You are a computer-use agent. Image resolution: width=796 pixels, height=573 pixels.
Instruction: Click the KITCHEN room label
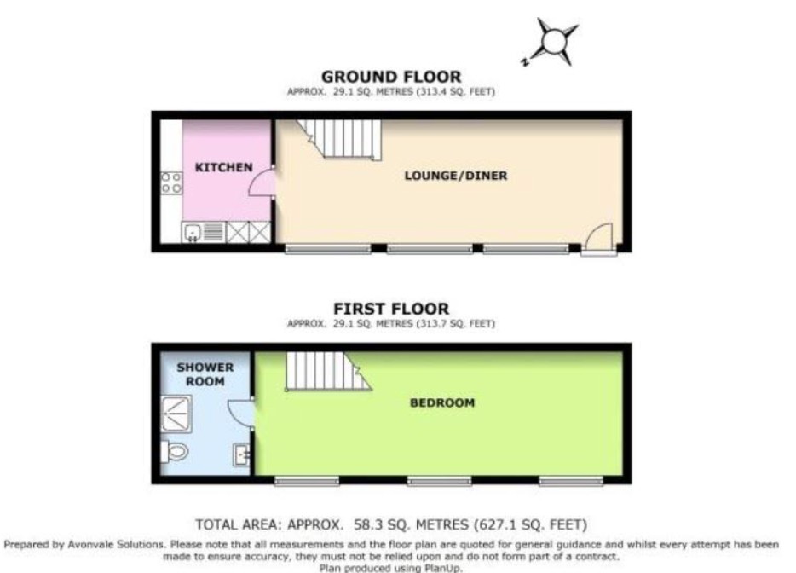pos(224,167)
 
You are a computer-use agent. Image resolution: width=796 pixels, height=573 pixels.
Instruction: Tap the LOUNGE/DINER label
pos(456,176)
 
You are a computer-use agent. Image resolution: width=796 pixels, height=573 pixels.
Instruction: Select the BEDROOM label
pos(442,402)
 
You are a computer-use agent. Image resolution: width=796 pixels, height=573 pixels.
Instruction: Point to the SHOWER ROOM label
pos(205,373)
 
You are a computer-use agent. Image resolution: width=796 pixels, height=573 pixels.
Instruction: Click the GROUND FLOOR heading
pos(391,77)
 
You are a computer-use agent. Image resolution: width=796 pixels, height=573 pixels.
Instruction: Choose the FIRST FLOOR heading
pos(391,309)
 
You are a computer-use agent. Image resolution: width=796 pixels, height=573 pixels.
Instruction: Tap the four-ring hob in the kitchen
pos(171,182)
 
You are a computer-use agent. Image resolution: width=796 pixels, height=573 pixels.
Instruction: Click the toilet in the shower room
pos(174,451)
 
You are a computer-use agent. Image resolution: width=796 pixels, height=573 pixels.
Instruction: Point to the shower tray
pos(176,414)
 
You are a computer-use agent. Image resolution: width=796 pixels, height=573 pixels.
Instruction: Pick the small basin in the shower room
pos(242,454)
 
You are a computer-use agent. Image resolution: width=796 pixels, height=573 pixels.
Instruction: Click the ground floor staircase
pos(340,140)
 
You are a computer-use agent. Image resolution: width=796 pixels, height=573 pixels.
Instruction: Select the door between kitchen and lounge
pos(262,182)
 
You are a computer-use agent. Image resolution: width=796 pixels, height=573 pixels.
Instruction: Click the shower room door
pos(240,414)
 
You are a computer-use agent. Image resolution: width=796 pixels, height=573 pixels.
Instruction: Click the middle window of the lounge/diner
pos(430,248)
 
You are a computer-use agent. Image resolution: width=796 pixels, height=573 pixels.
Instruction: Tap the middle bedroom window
pos(440,481)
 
